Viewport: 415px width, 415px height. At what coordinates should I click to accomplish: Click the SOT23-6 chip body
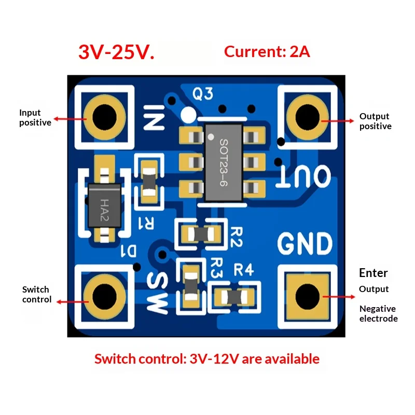pos(224,163)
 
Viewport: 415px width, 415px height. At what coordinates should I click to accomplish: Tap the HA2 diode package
pos(105,205)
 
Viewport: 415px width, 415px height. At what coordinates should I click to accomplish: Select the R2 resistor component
pos(201,234)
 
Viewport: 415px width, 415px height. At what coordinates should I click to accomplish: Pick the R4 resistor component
pos(234,297)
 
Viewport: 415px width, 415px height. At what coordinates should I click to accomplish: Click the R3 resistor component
pos(191,287)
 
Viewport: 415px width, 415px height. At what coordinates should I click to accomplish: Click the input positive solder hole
pos(105,117)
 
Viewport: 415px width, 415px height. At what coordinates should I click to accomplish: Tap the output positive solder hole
pos(307,117)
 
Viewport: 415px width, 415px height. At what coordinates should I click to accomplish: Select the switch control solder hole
pos(105,296)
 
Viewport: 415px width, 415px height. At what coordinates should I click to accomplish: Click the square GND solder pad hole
pos(307,296)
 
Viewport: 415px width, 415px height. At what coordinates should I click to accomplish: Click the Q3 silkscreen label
pos(203,94)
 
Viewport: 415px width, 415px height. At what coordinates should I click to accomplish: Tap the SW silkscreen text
pos(158,293)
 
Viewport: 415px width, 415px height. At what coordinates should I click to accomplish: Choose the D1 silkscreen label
pos(129,251)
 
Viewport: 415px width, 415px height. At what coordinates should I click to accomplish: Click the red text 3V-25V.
pos(116,52)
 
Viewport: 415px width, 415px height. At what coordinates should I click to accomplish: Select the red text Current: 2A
pos(267,51)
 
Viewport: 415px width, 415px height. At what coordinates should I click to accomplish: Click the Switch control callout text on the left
pos(37,294)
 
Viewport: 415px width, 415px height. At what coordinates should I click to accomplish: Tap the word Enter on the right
pos(374,273)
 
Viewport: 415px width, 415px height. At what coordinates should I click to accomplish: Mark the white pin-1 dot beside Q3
pos(188,115)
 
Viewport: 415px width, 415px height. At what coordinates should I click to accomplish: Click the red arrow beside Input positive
pos(70,119)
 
